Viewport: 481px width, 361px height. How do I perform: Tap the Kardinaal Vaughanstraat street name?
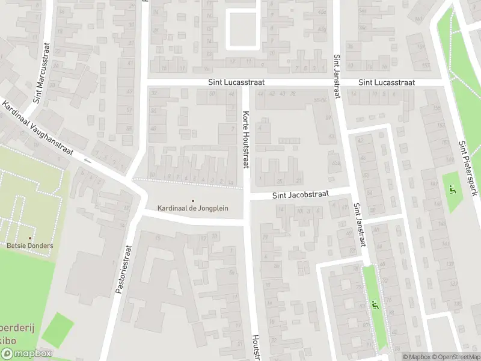[37, 129]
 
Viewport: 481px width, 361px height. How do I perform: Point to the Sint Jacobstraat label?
[300, 195]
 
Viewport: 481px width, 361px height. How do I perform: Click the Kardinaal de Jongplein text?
[193, 208]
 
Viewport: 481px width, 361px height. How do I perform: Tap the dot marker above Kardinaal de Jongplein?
[193, 201]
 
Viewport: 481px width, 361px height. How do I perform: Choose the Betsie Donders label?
[30, 245]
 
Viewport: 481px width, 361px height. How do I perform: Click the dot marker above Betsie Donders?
[30, 238]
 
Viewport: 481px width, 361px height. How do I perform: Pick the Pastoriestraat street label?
[125, 268]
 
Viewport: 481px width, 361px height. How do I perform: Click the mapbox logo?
[26, 354]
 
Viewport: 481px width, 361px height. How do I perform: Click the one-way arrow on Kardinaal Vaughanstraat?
[88, 161]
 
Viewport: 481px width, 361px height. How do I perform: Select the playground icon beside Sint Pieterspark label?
[453, 191]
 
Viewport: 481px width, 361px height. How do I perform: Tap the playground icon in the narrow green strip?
[376, 305]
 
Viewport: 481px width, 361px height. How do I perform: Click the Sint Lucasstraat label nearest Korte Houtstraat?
[236, 82]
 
